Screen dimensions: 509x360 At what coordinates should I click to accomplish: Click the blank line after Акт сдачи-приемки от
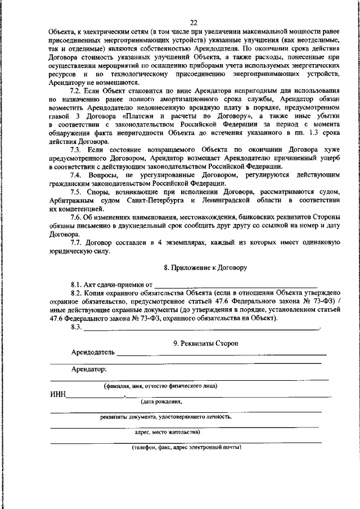[236, 285]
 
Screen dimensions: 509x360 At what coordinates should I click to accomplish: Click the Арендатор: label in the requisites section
[89, 370]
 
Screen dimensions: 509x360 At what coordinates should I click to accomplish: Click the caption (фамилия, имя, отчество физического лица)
[160, 386]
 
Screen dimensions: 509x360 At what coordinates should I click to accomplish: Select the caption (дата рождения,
[161, 402]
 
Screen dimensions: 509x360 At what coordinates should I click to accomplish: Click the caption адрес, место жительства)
[167, 433]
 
